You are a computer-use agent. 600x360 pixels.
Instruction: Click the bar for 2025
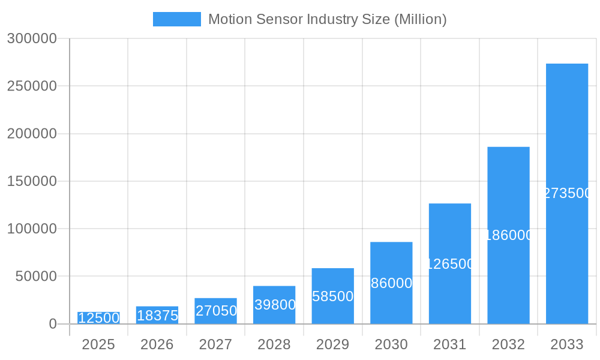[98, 318]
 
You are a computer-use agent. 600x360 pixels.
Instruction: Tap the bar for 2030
[391, 283]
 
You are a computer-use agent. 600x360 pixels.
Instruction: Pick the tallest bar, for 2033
[567, 193]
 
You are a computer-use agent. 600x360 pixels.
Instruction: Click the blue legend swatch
[176, 19]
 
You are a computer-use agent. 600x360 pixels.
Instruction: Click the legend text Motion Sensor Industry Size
[327, 19]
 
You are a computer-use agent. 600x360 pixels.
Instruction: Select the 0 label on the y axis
[53, 324]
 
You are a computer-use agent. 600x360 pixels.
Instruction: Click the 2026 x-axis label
[157, 344]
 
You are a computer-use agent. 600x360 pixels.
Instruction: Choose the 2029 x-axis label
[332, 344]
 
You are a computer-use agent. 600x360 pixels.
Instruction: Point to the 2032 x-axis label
[508, 344]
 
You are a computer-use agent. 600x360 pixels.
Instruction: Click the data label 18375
[157, 316]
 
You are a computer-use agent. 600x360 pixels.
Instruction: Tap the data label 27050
[216, 311]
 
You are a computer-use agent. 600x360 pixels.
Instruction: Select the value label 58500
[332, 296]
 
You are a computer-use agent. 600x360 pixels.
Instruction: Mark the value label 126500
[450, 264]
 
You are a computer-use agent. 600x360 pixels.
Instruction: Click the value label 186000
[508, 235]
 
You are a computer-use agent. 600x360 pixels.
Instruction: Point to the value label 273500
[567, 193]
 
